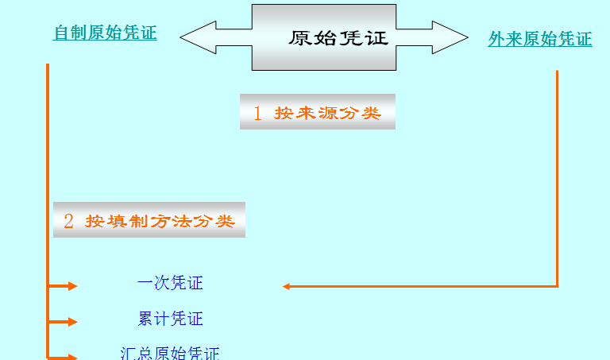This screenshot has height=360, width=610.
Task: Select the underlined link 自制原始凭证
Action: click(105, 33)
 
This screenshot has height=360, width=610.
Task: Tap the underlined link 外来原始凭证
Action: click(539, 39)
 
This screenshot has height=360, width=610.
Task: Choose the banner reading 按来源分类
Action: click(318, 112)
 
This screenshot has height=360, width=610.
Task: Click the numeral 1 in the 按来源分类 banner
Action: click(257, 113)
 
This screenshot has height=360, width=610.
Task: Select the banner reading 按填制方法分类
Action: click(149, 220)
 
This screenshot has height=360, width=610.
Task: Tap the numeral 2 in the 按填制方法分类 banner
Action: click(68, 221)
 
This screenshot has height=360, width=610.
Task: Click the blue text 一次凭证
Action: click(170, 283)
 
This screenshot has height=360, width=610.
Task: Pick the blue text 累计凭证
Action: click(170, 319)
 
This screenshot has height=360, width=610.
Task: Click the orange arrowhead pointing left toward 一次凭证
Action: click(287, 286)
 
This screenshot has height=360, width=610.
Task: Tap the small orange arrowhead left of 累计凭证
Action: click(72, 322)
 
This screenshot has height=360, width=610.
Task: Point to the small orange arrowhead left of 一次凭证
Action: click(72, 286)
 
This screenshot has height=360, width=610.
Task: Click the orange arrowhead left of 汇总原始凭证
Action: click(72, 357)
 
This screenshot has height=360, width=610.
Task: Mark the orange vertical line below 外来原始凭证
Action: click(557, 175)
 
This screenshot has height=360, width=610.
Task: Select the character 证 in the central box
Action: click(377, 38)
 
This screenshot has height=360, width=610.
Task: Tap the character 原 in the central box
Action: click(299, 38)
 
